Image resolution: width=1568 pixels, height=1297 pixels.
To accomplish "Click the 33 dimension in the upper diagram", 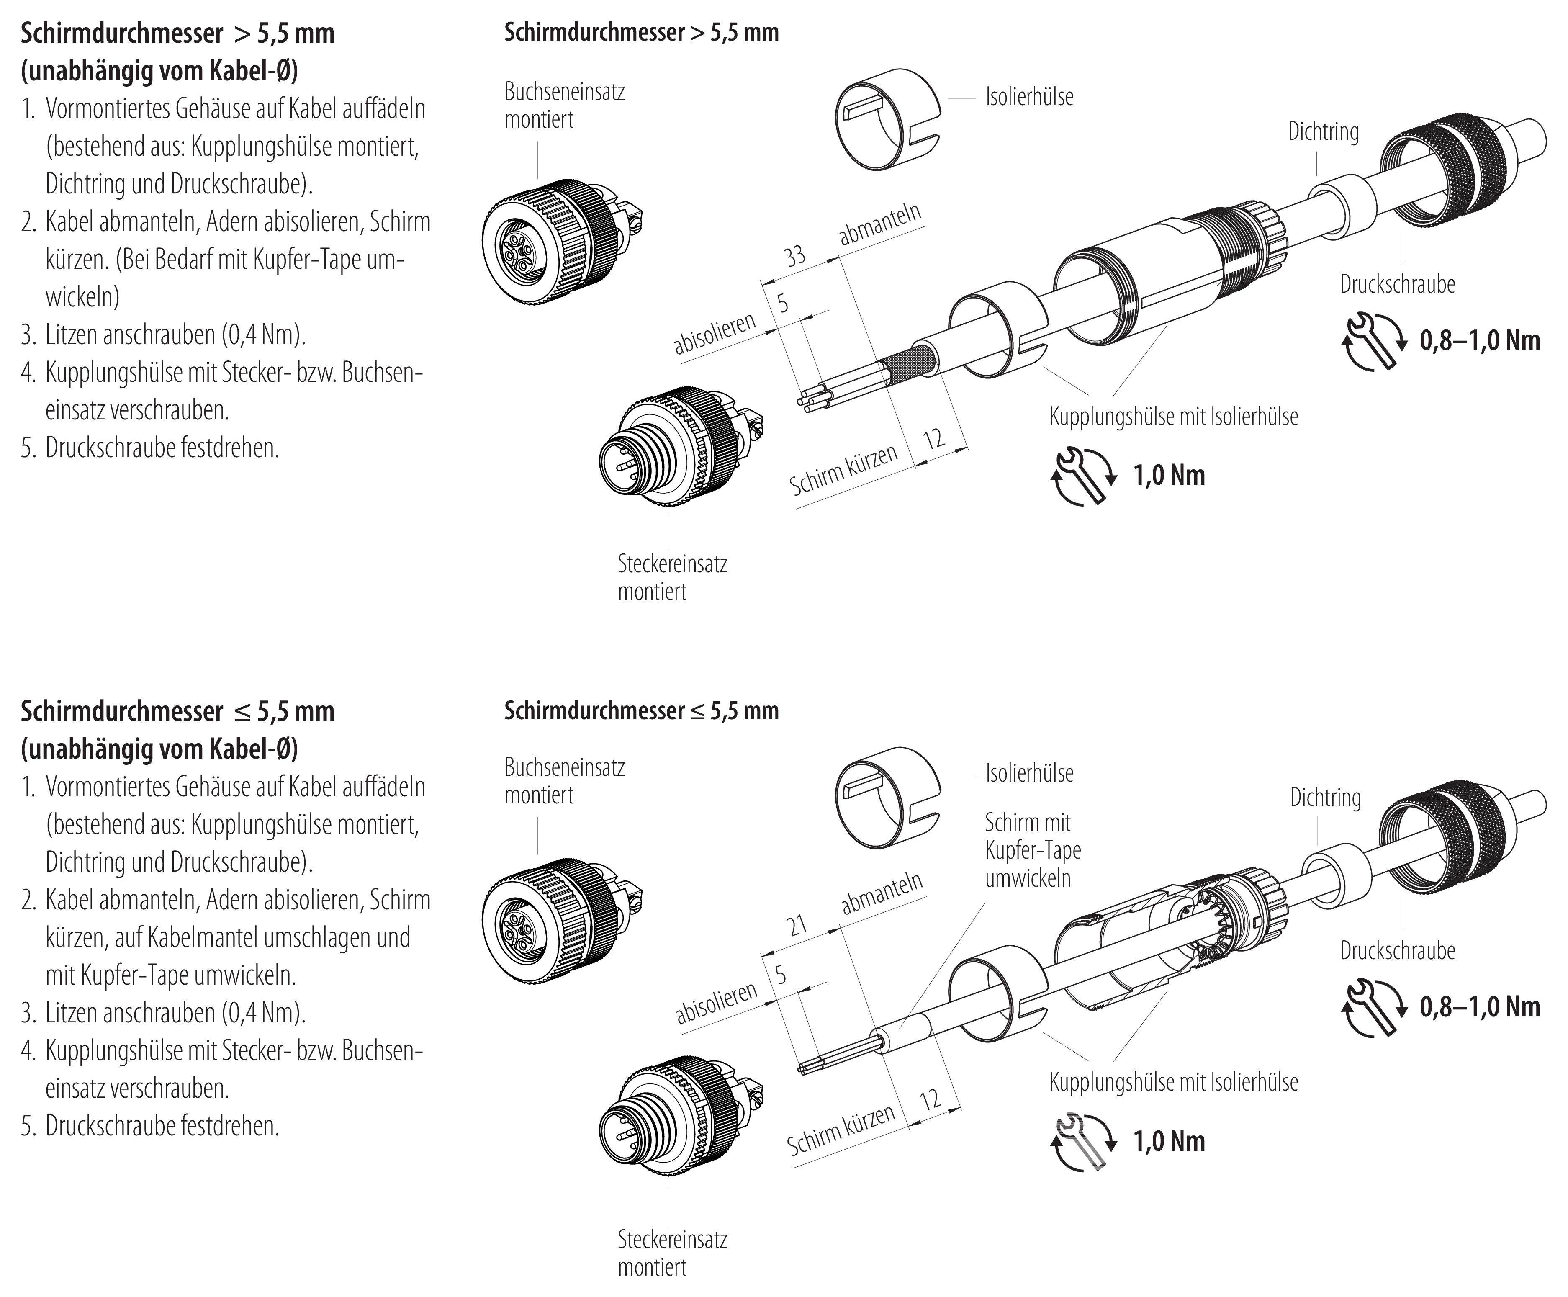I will [x=794, y=256].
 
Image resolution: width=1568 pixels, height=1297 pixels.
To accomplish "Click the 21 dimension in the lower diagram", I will [x=797, y=926].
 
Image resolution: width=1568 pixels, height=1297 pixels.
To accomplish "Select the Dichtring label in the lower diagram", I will [x=1325, y=798].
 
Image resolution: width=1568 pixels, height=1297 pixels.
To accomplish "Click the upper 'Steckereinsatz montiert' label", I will [x=672, y=578].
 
